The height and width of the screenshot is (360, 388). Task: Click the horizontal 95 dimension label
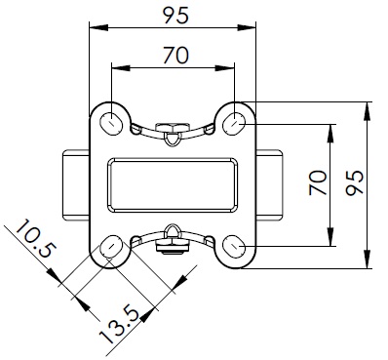pyautogui.click(x=175, y=16)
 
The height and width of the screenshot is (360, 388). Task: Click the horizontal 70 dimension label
pyautogui.click(x=175, y=56)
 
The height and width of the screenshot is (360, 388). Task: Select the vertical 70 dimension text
pyautogui.click(x=318, y=182)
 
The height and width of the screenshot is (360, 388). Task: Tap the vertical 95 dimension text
pyautogui.click(x=355, y=182)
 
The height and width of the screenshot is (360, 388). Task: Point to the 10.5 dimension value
pyautogui.click(x=35, y=239)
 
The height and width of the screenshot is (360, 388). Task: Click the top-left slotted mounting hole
pyautogui.click(x=111, y=124)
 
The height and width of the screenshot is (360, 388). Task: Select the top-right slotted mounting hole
pyautogui.click(x=234, y=124)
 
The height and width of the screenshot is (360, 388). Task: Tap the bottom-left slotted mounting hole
pyautogui.click(x=111, y=247)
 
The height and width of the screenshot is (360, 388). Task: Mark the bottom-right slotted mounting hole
pyautogui.click(x=234, y=247)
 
